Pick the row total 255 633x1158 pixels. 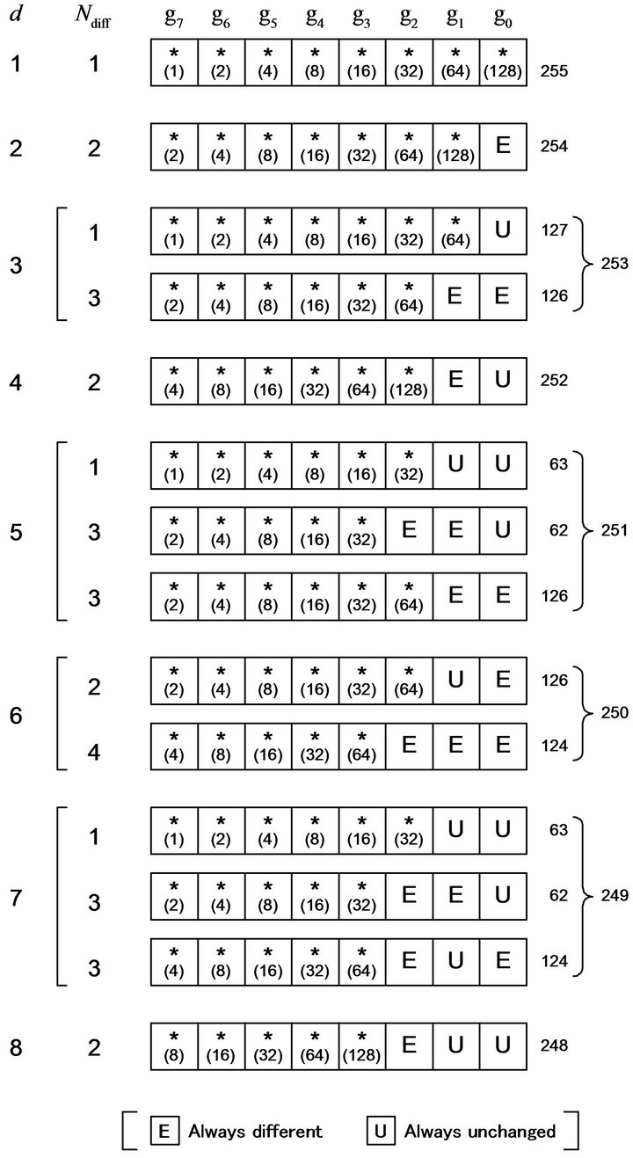(x=556, y=67)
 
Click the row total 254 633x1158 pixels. (x=556, y=145)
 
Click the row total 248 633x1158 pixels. (x=556, y=1046)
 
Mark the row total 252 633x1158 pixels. (x=556, y=381)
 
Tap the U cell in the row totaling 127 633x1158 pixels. (x=503, y=230)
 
